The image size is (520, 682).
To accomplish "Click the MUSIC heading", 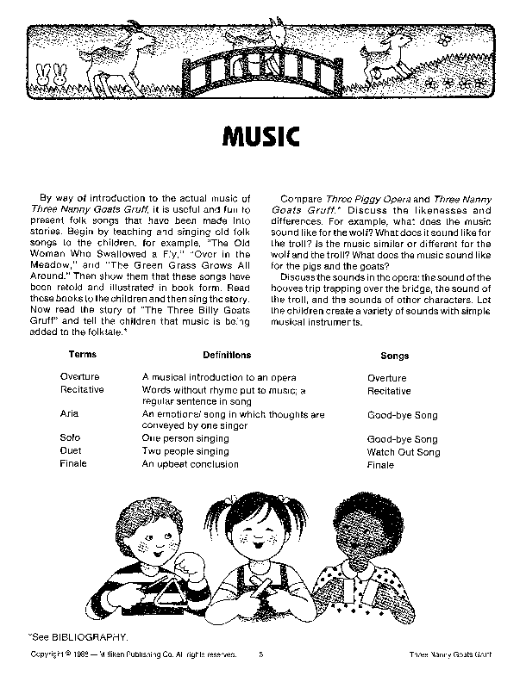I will pos(260,137).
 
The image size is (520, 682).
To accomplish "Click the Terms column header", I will pos(82,354).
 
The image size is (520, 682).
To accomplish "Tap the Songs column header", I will pos(394,355).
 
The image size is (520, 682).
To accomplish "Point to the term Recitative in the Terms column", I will pos(82,390).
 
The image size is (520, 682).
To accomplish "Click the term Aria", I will pos(70,414).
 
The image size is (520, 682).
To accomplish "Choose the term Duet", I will pos(71,451).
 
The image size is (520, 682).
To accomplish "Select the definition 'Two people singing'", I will pos(185,451).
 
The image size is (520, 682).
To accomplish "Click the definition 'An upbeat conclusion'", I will pos(191,464).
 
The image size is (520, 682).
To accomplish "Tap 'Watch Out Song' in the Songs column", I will pos(403,451).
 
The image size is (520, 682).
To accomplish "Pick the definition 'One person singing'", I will pos(185,438).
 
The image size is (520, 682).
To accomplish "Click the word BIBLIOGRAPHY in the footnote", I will pos(92,637).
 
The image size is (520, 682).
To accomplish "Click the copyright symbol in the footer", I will pos(66,654).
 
